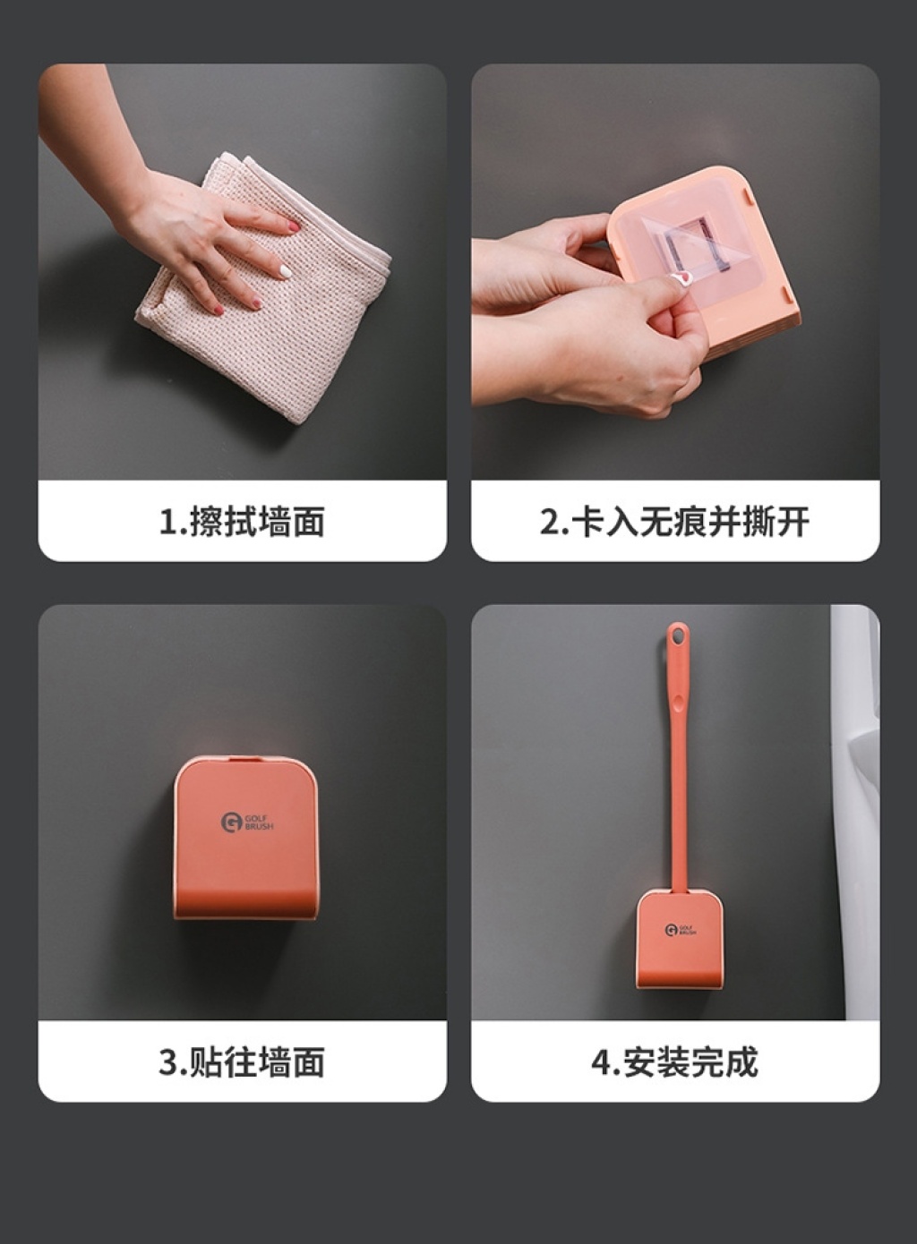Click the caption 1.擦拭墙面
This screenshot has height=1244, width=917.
click(242, 522)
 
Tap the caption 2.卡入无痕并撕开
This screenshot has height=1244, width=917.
click(674, 522)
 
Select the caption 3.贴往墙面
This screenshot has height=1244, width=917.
click(242, 1061)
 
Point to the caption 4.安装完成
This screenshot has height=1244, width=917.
click(674, 1061)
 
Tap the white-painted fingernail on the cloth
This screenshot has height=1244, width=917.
click(286, 271)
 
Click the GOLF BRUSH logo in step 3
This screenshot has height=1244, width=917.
click(247, 822)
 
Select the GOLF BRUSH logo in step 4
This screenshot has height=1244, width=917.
click(681, 930)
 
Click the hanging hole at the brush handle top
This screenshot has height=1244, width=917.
click(677, 635)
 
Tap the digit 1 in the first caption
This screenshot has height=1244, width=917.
click(166, 523)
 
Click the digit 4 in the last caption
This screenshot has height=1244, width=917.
click(600, 1062)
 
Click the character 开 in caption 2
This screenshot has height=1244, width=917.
click(793, 522)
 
